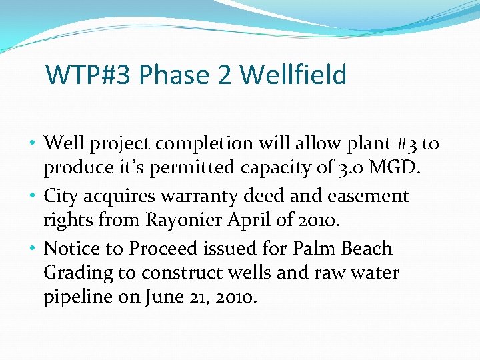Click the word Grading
77,273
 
